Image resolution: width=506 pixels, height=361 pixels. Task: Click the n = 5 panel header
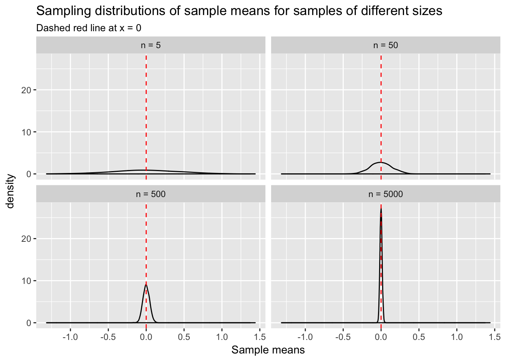151,45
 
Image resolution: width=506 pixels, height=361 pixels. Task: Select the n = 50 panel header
386,45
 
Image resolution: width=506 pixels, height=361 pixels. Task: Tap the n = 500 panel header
151,194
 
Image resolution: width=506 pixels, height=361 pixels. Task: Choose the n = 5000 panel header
386,194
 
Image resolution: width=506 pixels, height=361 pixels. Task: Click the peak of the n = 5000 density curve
381,209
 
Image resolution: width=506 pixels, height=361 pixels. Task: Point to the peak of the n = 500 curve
146,284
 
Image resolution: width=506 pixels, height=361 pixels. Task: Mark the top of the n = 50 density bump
381,162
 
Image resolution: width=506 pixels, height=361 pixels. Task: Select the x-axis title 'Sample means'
268,350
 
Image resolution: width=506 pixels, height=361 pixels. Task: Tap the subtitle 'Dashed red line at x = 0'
88,28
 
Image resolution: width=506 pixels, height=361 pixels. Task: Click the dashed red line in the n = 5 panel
146,113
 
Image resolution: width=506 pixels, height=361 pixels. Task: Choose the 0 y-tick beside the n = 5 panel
28,174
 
